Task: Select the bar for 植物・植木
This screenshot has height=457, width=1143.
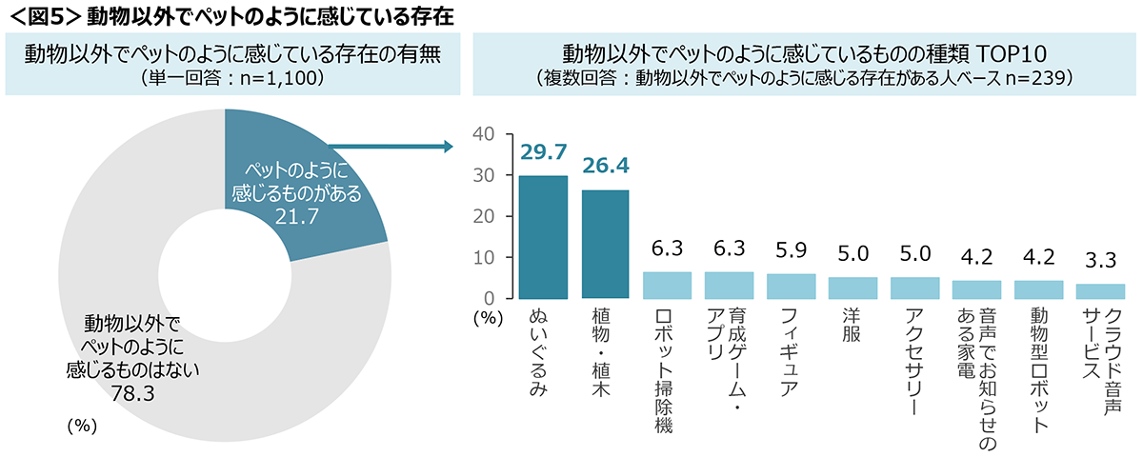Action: click(605, 244)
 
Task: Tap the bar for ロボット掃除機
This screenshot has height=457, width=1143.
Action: click(667, 285)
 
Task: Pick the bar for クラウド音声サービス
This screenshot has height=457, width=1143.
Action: click(1100, 290)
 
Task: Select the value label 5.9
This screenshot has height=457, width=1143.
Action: click(791, 253)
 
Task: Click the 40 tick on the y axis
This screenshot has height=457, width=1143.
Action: click(483, 134)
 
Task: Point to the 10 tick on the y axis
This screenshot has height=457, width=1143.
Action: click(483, 257)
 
